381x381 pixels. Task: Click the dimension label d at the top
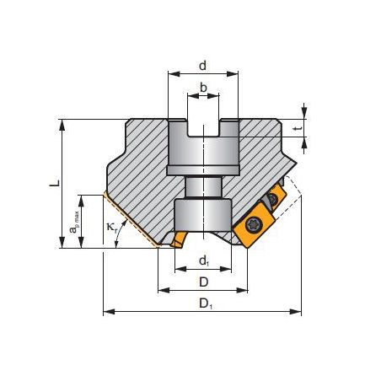[203, 65]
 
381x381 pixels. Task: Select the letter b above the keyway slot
[203, 87]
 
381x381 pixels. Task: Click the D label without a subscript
[202, 280]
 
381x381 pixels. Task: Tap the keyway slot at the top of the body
[202, 127]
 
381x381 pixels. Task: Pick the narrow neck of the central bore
[202, 188]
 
